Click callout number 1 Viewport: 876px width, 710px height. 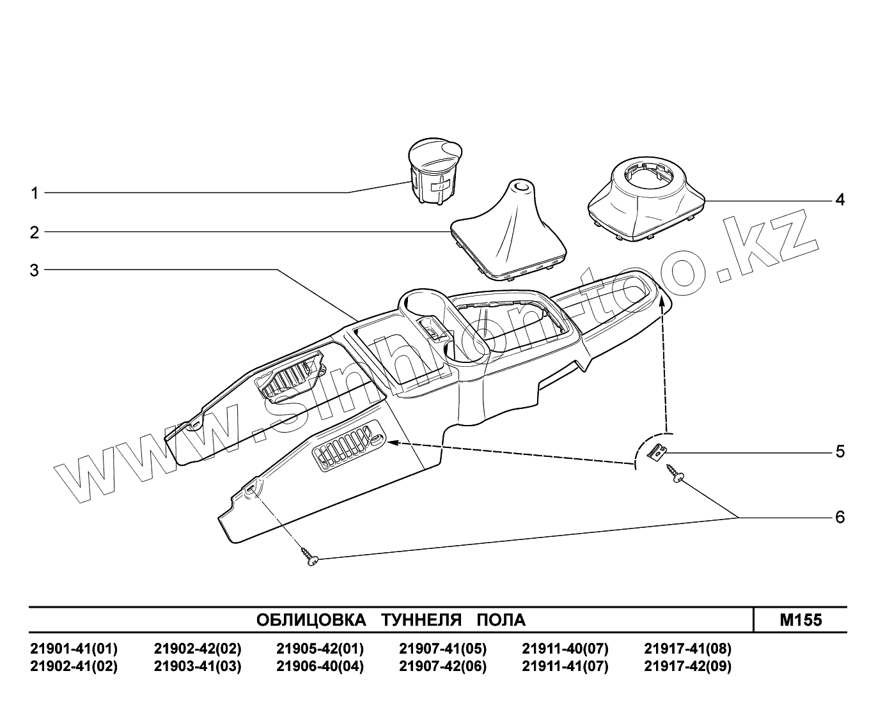[x=35, y=193]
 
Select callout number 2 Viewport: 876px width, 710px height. [x=35, y=232]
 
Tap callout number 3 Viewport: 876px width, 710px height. [x=35, y=270]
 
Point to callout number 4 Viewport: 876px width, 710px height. [x=840, y=200]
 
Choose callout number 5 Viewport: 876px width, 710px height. [x=840, y=452]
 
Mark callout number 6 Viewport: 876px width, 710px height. [x=840, y=516]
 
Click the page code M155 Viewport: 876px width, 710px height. [x=801, y=620]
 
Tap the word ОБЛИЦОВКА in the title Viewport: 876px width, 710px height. [x=311, y=620]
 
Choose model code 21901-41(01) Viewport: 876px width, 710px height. [x=74, y=649]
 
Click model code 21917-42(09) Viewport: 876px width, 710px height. [x=687, y=667]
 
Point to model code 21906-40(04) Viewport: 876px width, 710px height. [x=320, y=667]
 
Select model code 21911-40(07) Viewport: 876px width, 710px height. [x=565, y=649]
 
